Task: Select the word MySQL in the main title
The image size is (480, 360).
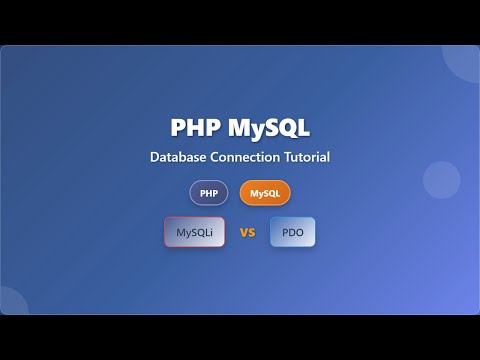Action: [268, 129]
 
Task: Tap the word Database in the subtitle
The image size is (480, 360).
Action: [179, 157]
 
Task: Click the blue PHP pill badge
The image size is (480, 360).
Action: [209, 193]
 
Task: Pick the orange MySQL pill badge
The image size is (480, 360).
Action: [265, 193]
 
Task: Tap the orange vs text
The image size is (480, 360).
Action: [247, 233]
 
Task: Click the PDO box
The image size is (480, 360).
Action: [292, 233]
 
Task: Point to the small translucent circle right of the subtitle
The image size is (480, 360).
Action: [441, 180]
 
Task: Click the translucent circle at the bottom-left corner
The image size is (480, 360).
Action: [12, 302]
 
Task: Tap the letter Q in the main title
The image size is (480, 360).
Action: [287, 129]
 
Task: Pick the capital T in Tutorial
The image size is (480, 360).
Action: [289, 157]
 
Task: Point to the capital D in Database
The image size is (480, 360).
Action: [155, 157]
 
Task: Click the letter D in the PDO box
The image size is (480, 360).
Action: [292, 233]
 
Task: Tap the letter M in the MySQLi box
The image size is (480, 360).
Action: [181, 233]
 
